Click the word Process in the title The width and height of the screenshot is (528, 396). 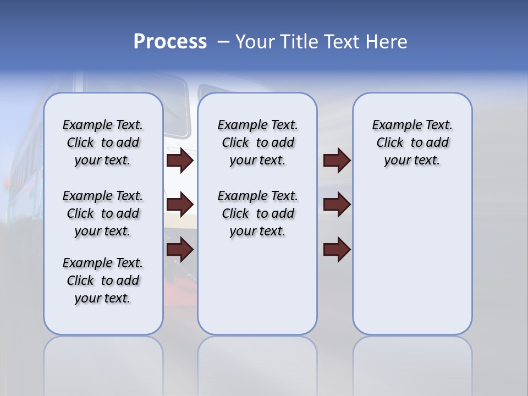coord(170,42)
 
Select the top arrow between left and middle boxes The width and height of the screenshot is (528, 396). coord(180,161)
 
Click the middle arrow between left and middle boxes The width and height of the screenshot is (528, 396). coord(180,205)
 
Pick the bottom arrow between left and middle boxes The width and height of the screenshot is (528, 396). coord(180,250)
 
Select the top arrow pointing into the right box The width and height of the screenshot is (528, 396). coord(337,161)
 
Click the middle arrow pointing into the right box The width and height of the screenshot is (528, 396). coord(337,205)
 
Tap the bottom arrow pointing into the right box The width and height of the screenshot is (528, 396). coord(337,250)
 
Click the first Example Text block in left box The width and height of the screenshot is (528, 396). coord(103,142)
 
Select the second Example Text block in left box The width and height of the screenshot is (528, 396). coord(103,213)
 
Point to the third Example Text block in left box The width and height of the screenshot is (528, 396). coord(103,280)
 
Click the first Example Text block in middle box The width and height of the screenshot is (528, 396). coord(258,142)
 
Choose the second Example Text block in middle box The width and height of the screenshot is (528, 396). coord(258,213)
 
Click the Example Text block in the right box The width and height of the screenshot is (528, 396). coord(413,142)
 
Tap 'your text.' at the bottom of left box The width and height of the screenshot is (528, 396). coord(103,298)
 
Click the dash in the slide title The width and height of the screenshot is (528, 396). coord(223,42)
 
